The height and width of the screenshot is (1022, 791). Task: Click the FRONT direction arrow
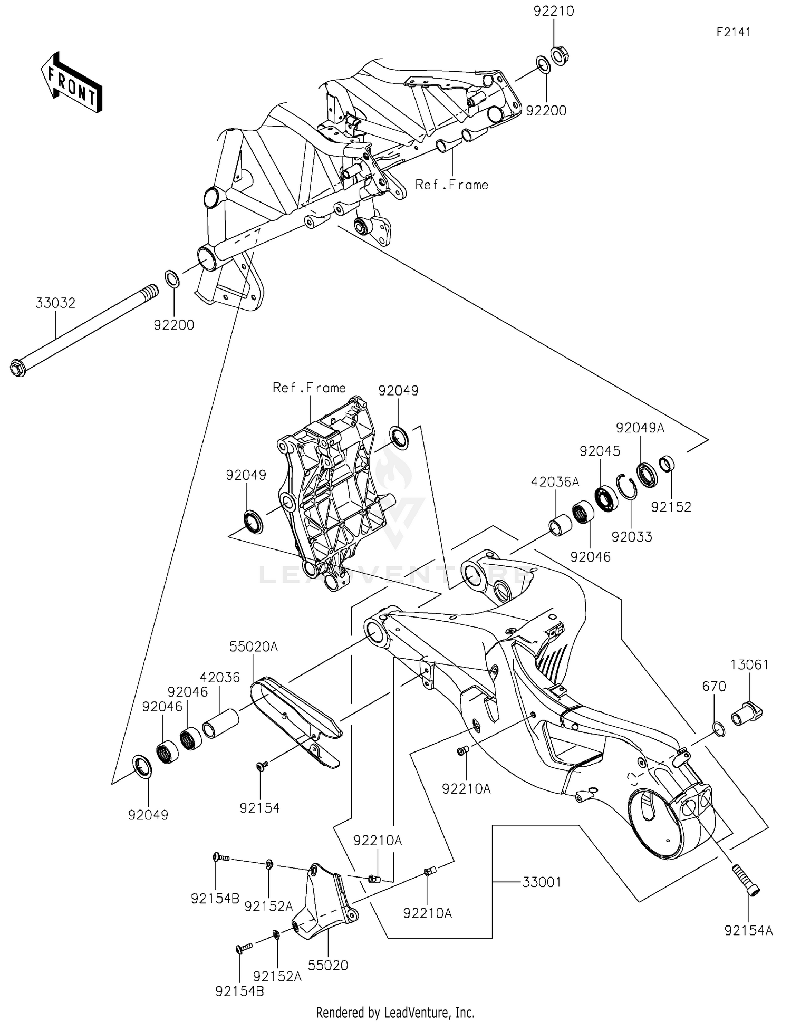click(72, 83)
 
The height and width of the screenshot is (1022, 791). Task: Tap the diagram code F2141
click(734, 32)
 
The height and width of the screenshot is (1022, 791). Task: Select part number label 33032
click(55, 303)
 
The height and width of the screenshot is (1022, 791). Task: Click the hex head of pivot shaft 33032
click(18, 368)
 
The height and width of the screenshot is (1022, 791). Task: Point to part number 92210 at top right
click(554, 11)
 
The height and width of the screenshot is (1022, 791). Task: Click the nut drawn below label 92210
click(560, 55)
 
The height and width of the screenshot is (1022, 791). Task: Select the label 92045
click(600, 451)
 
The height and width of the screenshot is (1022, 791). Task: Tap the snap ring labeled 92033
click(626, 486)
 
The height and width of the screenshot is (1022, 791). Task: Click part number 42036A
click(555, 481)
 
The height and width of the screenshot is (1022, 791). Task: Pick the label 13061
click(749, 664)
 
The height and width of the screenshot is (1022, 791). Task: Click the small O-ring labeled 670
click(718, 729)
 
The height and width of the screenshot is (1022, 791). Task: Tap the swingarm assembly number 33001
click(542, 882)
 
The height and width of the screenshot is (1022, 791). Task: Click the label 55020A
click(253, 647)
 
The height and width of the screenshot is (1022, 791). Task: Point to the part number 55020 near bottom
click(328, 966)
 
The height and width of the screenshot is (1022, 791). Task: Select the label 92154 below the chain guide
click(259, 808)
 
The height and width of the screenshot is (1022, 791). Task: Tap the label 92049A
click(640, 428)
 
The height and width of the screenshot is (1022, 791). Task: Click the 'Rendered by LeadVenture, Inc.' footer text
click(395, 1013)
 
